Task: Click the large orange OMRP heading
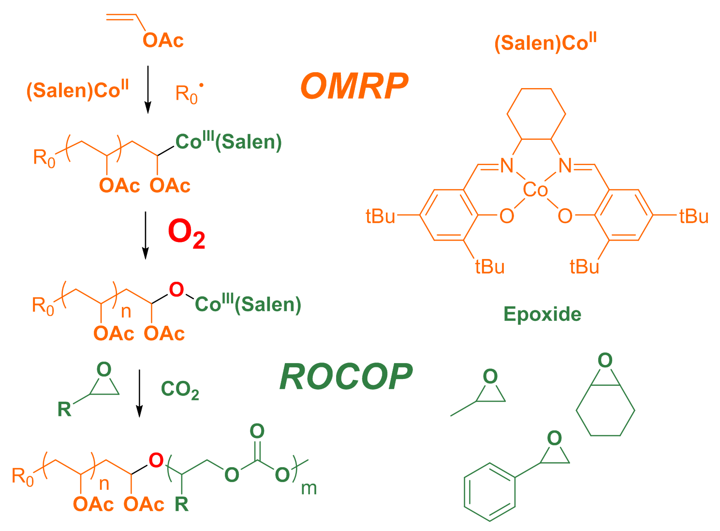(x=354, y=87)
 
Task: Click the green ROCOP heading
(x=346, y=377)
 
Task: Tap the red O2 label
(x=186, y=233)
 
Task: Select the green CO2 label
(x=180, y=390)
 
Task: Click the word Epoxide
(x=542, y=314)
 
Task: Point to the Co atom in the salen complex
(x=536, y=190)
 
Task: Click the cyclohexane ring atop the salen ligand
(x=536, y=114)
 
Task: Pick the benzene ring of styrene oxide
(x=489, y=492)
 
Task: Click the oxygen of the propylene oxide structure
(x=490, y=376)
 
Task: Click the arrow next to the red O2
(x=145, y=234)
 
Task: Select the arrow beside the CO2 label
(x=139, y=392)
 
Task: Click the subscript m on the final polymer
(x=309, y=488)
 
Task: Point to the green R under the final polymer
(x=181, y=504)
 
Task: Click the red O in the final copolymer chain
(x=156, y=460)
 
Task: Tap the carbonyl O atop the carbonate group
(x=257, y=431)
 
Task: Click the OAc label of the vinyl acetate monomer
(x=163, y=41)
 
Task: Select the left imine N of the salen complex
(x=506, y=166)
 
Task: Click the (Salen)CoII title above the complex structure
(x=545, y=43)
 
